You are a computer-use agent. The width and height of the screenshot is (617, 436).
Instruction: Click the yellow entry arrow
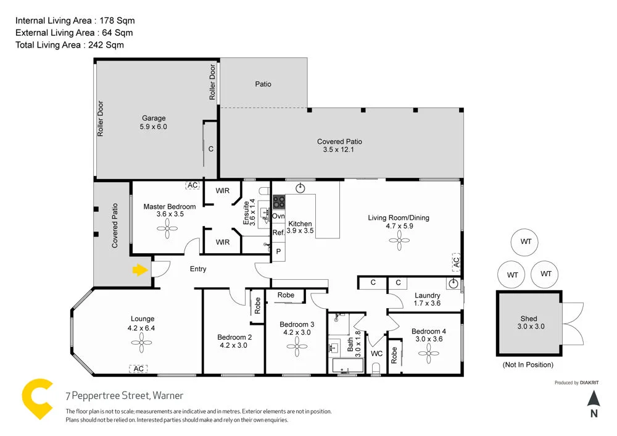pyautogui.click(x=140, y=270)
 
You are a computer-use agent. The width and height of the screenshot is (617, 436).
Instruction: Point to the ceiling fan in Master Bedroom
pyautogui.click(x=167, y=230)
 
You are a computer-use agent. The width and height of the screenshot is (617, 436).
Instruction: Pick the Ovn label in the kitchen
pyautogui.click(x=278, y=216)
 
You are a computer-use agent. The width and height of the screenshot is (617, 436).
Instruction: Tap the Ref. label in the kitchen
pyautogui.click(x=278, y=233)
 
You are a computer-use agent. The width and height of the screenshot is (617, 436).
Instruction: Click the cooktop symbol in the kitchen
pyautogui.click(x=279, y=201)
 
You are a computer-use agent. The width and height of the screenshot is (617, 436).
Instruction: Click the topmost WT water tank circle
pyautogui.click(x=526, y=241)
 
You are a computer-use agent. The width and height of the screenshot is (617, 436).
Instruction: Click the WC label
pyautogui.click(x=376, y=354)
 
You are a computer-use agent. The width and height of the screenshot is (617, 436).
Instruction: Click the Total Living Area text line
pyautogui.click(x=69, y=44)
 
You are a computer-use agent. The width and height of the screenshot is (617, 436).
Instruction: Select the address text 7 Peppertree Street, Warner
pyautogui.click(x=125, y=395)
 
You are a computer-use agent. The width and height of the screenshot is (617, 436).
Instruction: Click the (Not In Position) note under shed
pyautogui.click(x=528, y=364)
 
